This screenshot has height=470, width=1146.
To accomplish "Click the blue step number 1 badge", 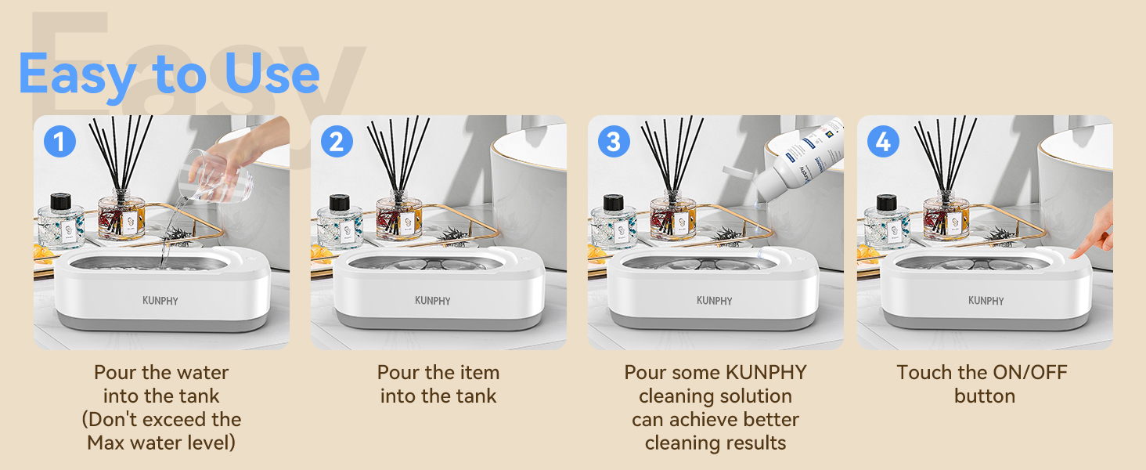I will point(59,142).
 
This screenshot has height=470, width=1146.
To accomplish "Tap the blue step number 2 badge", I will point(337,142).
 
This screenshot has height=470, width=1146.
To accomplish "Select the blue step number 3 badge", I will point(614,142).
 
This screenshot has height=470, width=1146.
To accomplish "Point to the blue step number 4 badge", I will point(883,142).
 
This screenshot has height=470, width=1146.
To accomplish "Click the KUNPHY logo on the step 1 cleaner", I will point(160,301).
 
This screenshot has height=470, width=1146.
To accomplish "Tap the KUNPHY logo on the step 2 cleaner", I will point(433,301).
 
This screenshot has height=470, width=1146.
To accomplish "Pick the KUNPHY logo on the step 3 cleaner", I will point(715,301).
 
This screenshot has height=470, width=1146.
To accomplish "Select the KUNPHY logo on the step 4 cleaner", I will point(986,301).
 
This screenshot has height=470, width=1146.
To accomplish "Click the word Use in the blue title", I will point(272,75).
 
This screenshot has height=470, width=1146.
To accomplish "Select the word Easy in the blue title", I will point(77,75).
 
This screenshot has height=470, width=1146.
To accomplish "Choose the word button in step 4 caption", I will point(984,396).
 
